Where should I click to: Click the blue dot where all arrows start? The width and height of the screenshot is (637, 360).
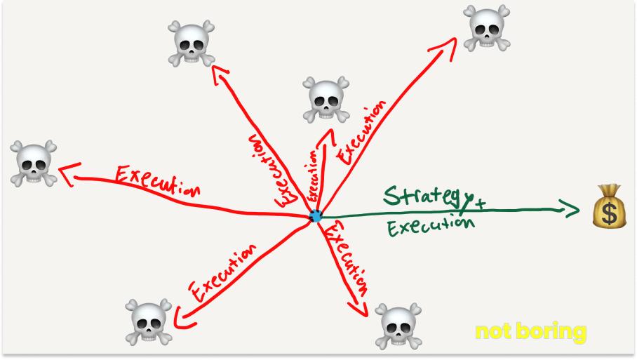pos(315,215)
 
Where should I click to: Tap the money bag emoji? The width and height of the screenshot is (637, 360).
pos(610,206)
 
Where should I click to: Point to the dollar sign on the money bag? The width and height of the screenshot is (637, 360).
pos(610,213)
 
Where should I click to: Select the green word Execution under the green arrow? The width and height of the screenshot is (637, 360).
pos(431,225)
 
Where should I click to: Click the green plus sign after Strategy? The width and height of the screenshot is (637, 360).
pos(481,204)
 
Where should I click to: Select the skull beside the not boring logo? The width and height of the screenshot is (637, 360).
pos(398,326)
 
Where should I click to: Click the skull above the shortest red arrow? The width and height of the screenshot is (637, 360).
pos(326,99)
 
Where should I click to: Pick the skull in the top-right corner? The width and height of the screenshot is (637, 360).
pos(487,28)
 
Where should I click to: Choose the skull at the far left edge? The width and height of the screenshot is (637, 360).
pos(33,164)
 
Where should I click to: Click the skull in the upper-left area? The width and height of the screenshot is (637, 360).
pos(192,44)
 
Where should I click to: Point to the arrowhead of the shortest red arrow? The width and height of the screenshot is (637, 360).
pos(329,136)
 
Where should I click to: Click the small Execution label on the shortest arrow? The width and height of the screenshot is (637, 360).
pos(313,177)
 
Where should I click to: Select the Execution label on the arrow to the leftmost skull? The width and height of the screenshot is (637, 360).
pos(158,181)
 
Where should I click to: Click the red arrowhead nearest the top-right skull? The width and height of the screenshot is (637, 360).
pos(445,48)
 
